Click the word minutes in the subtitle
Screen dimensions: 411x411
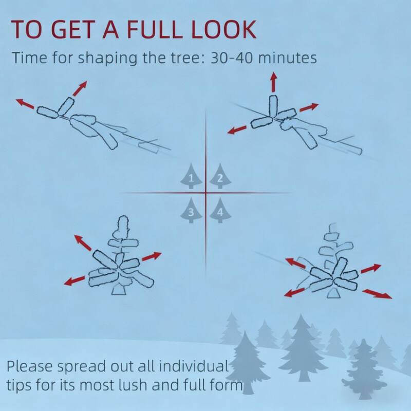[x=288, y=58]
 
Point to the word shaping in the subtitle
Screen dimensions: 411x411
[x=108, y=59]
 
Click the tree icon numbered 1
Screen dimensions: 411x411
[x=191, y=176]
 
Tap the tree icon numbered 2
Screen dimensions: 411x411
[x=220, y=176]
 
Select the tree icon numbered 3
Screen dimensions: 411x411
[x=191, y=210]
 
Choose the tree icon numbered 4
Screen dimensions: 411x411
[x=220, y=210]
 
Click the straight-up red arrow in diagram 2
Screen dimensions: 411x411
[x=273, y=82]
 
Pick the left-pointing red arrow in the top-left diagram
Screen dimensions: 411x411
[x=25, y=104]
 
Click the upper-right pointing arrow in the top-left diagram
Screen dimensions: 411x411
[x=80, y=88]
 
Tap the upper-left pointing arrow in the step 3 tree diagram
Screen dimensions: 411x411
[x=83, y=242]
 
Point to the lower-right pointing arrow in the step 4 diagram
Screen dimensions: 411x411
[x=377, y=294]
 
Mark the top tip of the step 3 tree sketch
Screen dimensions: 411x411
[x=123, y=216]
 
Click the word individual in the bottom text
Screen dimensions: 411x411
[x=194, y=366]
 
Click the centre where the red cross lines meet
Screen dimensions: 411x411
[x=206, y=193]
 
